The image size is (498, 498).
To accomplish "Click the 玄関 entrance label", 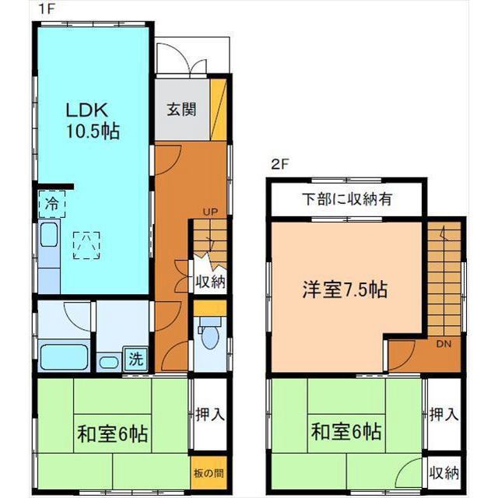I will pyautogui.click(x=181, y=109).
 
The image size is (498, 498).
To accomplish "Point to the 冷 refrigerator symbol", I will pyautogui.click(x=47, y=206).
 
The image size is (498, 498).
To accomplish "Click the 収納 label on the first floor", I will pyautogui.click(x=210, y=282).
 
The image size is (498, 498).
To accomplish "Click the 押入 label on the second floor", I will pyautogui.click(x=444, y=414).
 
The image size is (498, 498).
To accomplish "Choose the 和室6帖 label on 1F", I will pyautogui.click(x=112, y=432).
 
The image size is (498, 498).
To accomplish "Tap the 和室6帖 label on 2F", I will pyautogui.click(x=347, y=430).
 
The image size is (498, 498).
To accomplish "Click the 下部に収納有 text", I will pyautogui.click(x=347, y=199).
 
